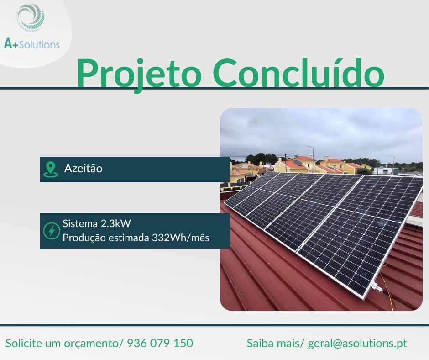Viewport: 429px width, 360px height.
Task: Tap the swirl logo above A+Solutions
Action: (31, 18)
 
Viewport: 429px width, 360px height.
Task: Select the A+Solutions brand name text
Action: (31, 44)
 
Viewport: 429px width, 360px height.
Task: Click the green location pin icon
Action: (50, 169)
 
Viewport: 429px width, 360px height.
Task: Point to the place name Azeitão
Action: (84, 168)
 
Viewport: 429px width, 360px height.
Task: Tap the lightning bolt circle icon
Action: (51, 231)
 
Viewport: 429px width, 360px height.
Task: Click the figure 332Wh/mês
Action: (180, 238)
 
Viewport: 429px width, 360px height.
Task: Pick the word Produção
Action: (81, 238)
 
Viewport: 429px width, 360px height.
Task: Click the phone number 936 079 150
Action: (160, 343)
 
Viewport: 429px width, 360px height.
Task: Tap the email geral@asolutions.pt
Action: (357, 343)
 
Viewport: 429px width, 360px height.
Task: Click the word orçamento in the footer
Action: (91, 343)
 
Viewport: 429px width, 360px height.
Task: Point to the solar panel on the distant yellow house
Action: (298, 163)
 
